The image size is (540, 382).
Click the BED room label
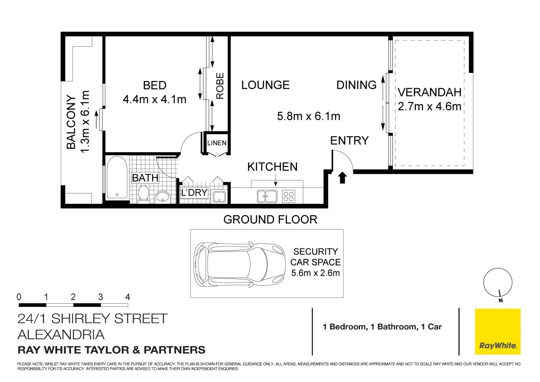[154, 85]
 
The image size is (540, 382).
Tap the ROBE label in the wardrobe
[220, 86]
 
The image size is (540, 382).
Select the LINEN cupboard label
[217, 143]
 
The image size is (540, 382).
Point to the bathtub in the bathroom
[117, 177]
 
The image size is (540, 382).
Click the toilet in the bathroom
[144, 193]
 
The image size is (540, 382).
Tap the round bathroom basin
[163, 197]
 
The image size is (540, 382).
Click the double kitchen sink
[267, 196]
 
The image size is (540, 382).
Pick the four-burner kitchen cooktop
[288, 196]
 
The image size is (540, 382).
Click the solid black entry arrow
[342, 178]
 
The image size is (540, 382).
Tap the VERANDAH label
[429, 92]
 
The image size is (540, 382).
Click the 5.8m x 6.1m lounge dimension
[308, 117]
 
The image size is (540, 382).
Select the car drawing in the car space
[239, 265]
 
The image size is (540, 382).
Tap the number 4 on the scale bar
[127, 297]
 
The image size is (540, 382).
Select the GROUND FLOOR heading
[270, 220]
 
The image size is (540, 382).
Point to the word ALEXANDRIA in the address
[61, 335]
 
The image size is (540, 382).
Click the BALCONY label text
[71, 122]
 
